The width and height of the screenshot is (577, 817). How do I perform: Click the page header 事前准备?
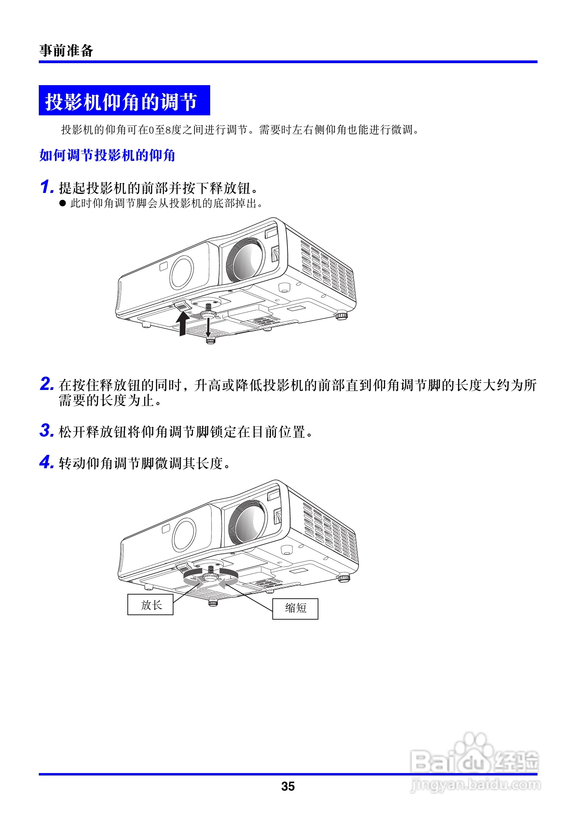pos(66,50)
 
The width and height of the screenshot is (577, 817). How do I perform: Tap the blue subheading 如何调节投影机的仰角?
pos(107,155)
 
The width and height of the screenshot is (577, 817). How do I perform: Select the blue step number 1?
pos(46,187)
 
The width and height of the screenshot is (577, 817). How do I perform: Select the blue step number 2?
pos(47,384)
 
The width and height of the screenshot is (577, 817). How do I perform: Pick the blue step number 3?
pos(47,430)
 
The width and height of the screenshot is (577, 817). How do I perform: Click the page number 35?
pos(287,786)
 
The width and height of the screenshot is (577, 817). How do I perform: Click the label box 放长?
pos(150,605)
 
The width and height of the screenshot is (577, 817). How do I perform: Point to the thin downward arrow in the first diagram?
pos(208,327)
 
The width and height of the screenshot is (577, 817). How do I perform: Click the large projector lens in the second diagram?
pos(248,523)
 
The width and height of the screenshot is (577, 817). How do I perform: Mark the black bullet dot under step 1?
pos(63,203)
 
